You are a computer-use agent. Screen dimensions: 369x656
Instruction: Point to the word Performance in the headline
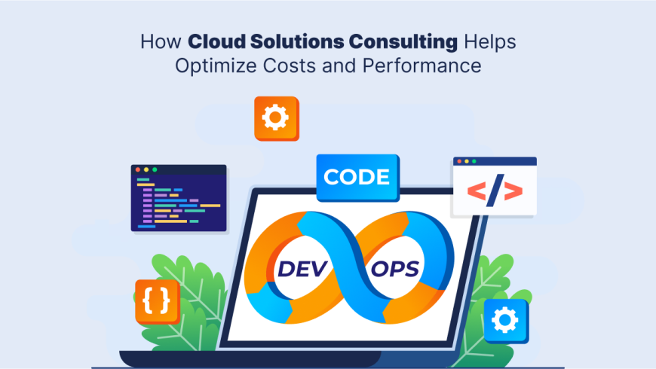[x=424, y=66]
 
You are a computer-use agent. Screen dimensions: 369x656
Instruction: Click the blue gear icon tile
[x=505, y=321]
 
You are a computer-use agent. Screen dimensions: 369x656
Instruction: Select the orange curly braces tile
[x=156, y=300]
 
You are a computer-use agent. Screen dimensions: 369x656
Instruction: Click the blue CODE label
[x=357, y=178]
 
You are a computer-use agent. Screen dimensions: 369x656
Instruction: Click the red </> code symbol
[x=495, y=193]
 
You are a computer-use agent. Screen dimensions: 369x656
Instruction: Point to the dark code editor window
[x=179, y=198]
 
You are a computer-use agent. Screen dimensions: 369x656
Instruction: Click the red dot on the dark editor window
[x=137, y=169]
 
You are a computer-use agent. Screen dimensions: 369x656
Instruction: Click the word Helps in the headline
[x=492, y=41]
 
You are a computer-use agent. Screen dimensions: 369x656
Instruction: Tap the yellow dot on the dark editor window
[x=146, y=169]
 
